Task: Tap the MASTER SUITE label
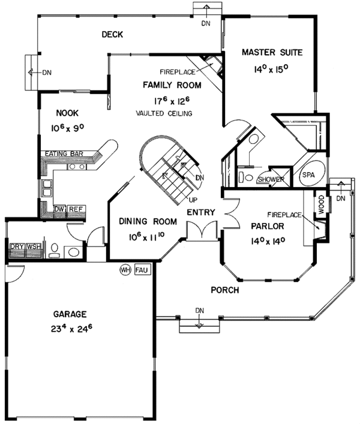pos(272,52)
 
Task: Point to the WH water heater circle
pos(125,270)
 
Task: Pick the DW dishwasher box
pos(59,209)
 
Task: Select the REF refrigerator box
pos(74,209)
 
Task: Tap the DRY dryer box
pos(16,246)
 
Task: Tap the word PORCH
pos(225,290)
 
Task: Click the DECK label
pos(112,35)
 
